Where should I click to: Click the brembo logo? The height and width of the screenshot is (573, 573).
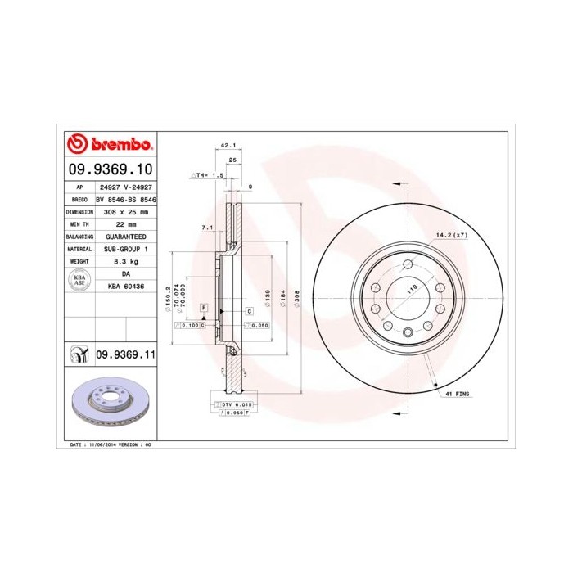[x=108, y=145]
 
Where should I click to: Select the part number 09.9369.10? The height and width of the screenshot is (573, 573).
[x=109, y=169]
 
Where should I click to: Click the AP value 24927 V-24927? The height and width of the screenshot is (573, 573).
[x=126, y=187]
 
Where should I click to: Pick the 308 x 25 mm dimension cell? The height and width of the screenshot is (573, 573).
[x=126, y=211]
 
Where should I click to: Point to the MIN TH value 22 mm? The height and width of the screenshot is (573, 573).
[x=126, y=223]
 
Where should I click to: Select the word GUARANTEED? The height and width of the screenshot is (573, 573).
[x=126, y=236]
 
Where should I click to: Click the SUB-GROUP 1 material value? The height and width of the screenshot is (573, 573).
[x=126, y=248]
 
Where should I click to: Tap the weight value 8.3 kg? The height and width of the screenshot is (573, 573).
[x=126, y=260]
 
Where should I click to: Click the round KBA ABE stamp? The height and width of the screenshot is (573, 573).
[x=80, y=280]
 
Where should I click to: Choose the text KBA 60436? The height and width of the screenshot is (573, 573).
[x=126, y=286]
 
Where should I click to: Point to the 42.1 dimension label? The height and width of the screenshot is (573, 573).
[x=229, y=145]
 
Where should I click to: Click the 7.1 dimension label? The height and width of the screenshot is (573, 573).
[x=207, y=227]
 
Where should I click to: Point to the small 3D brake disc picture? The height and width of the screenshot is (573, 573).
[x=108, y=405]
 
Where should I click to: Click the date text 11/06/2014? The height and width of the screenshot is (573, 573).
[x=102, y=444]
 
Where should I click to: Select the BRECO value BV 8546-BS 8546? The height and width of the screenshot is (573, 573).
[x=126, y=199]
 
